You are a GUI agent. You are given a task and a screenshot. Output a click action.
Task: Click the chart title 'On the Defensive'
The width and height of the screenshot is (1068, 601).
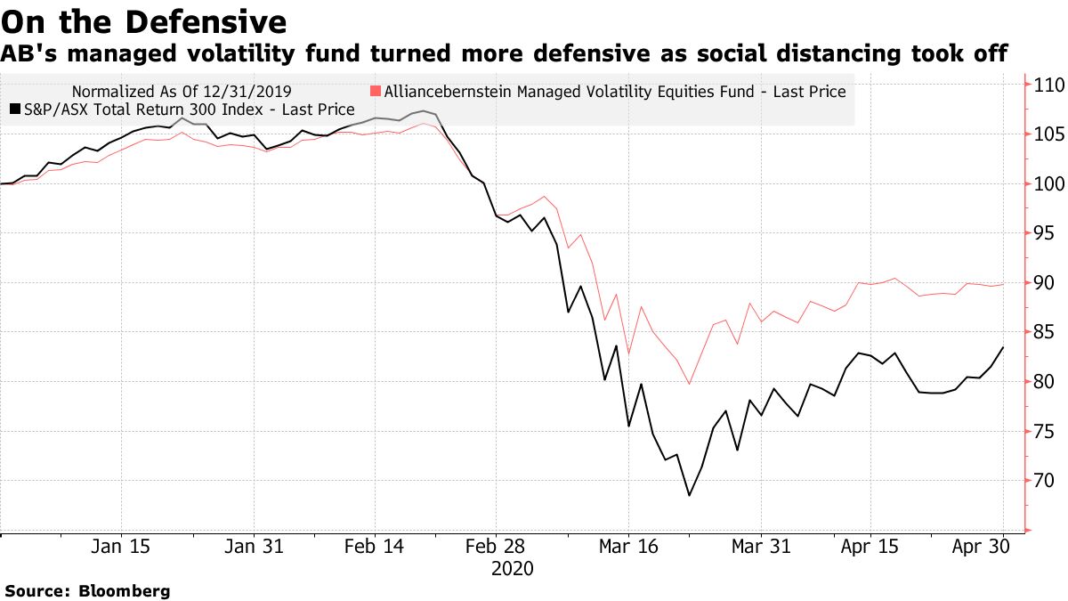tap(143, 20)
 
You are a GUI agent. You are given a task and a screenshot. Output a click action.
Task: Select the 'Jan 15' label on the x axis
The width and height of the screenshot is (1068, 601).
tap(121, 546)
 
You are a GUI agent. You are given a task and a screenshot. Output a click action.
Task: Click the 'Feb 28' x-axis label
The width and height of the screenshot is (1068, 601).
tap(500, 546)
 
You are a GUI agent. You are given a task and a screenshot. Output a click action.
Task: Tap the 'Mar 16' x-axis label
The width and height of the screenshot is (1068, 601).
tap(628, 546)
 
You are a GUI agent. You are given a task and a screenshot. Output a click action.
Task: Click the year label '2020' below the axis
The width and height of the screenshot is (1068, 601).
tap(512, 568)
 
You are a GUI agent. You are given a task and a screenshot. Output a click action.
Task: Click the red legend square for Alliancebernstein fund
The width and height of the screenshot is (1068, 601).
tap(376, 91)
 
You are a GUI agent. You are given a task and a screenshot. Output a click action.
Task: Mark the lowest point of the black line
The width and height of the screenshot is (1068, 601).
tap(689, 495)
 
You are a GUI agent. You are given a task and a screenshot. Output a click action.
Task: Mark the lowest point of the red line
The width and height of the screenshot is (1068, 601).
tap(689, 385)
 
